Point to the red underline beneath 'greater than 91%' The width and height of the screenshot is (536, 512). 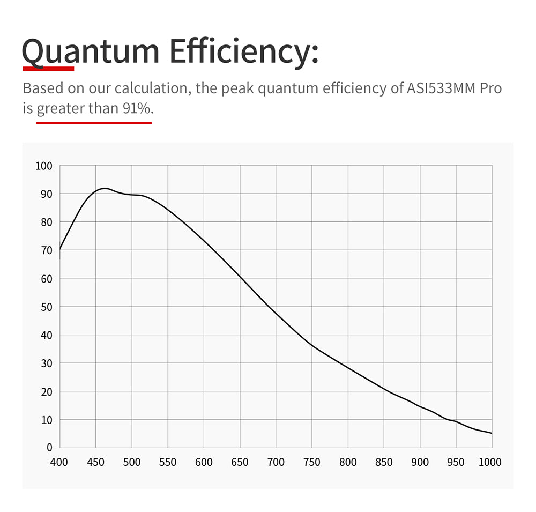[94, 123]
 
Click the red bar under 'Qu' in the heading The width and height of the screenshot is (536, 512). [48, 68]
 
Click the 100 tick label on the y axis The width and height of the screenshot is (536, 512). [43, 166]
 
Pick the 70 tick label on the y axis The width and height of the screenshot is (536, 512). [46, 250]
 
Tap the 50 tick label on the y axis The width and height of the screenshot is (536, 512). [46, 307]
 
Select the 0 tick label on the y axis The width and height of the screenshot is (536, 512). [49, 448]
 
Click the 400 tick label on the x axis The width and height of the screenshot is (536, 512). [59, 462]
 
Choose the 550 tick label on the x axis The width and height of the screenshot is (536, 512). [168, 462]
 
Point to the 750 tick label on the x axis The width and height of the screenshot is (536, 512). [312, 462]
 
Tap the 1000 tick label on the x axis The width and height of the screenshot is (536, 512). [490, 462]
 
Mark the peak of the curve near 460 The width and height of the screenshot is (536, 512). [103, 188]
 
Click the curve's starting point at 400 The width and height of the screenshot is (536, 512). [60, 249]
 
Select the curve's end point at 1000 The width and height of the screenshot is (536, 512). [492, 433]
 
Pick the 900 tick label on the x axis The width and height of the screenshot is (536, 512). [420, 462]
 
